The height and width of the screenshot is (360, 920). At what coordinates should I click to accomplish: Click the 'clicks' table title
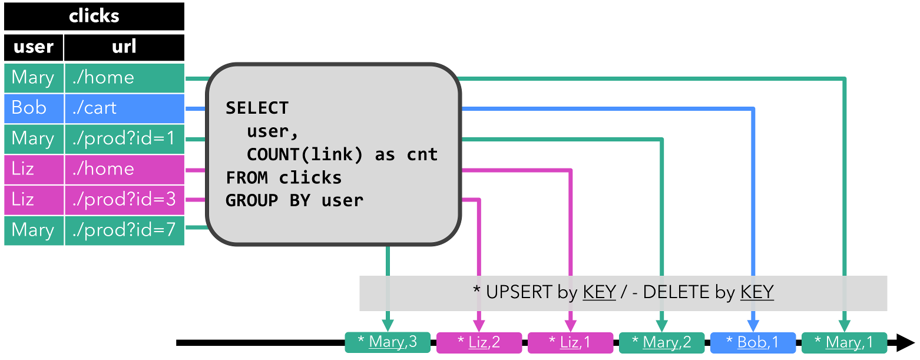coord(94,16)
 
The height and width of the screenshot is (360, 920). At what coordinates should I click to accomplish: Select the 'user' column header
coord(33,47)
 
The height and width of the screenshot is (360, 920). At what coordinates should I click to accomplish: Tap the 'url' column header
coord(124,47)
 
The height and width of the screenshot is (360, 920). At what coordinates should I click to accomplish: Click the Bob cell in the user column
coord(33,108)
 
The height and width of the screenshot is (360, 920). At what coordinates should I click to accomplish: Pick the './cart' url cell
coord(124,108)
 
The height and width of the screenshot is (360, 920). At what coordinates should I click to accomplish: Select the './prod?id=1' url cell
coord(124,138)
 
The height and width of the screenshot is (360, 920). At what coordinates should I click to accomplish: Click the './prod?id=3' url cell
coord(124,199)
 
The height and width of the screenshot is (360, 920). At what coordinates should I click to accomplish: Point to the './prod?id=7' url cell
coord(124,230)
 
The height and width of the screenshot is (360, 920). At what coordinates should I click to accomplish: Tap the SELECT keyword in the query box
coord(257,108)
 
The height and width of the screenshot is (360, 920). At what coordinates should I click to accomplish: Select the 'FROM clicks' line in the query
coord(283,177)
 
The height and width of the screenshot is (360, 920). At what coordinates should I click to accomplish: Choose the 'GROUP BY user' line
coord(294,200)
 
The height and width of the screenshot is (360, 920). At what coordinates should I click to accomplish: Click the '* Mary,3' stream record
coord(387,342)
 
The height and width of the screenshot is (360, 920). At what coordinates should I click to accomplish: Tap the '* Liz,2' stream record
coord(478,342)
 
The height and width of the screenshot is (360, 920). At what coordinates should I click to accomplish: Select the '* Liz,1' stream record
coord(570,342)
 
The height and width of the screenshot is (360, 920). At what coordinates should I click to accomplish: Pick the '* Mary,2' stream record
coord(661,342)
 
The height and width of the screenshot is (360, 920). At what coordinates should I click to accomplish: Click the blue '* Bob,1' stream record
coord(752,342)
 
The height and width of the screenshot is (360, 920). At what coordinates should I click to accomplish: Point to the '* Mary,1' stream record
coord(843,342)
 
